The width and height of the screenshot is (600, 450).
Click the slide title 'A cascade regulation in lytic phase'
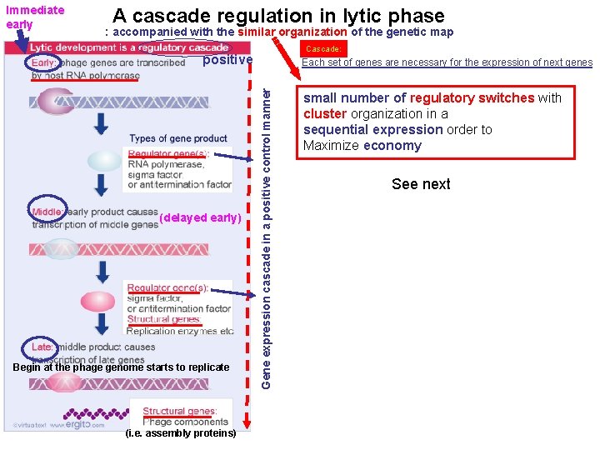coord(278,15)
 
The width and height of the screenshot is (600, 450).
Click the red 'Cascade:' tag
coord(322,49)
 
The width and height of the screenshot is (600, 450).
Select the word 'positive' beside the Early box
coord(227,60)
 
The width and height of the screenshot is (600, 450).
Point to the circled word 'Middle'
coord(47,212)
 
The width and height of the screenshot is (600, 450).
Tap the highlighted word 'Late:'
coord(42,347)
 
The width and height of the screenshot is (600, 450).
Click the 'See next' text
coord(421,184)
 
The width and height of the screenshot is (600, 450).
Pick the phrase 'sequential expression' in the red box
coord(372,130)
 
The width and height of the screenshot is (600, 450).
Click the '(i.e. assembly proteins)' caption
coord(180,433)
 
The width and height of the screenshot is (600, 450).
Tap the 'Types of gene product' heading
coord(178,138)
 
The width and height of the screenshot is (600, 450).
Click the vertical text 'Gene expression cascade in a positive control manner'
coord(265,225)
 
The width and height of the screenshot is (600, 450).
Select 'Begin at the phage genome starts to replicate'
coord(121,367)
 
